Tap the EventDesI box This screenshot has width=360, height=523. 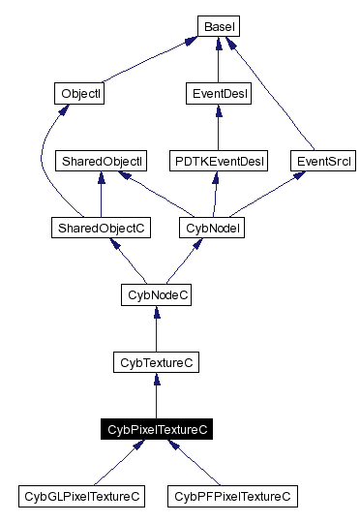[x=218, y=94]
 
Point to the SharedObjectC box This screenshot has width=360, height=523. [x=102, y=228]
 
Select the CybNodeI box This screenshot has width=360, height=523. [x=211, y=228]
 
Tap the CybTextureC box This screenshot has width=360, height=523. [x=157, y=362]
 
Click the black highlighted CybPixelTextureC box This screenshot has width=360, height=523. [x=157, y=429]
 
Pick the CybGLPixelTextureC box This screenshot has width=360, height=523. [x=81, y=497]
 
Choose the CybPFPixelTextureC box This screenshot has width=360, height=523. [x=232, y=497]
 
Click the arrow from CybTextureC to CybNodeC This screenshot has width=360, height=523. [x=157, y=329]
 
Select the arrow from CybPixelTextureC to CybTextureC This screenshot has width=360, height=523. [x=157, y=396]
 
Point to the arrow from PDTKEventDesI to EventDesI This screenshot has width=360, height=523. [x=218, y=127]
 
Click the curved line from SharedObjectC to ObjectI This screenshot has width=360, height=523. [x=44, y=165]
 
